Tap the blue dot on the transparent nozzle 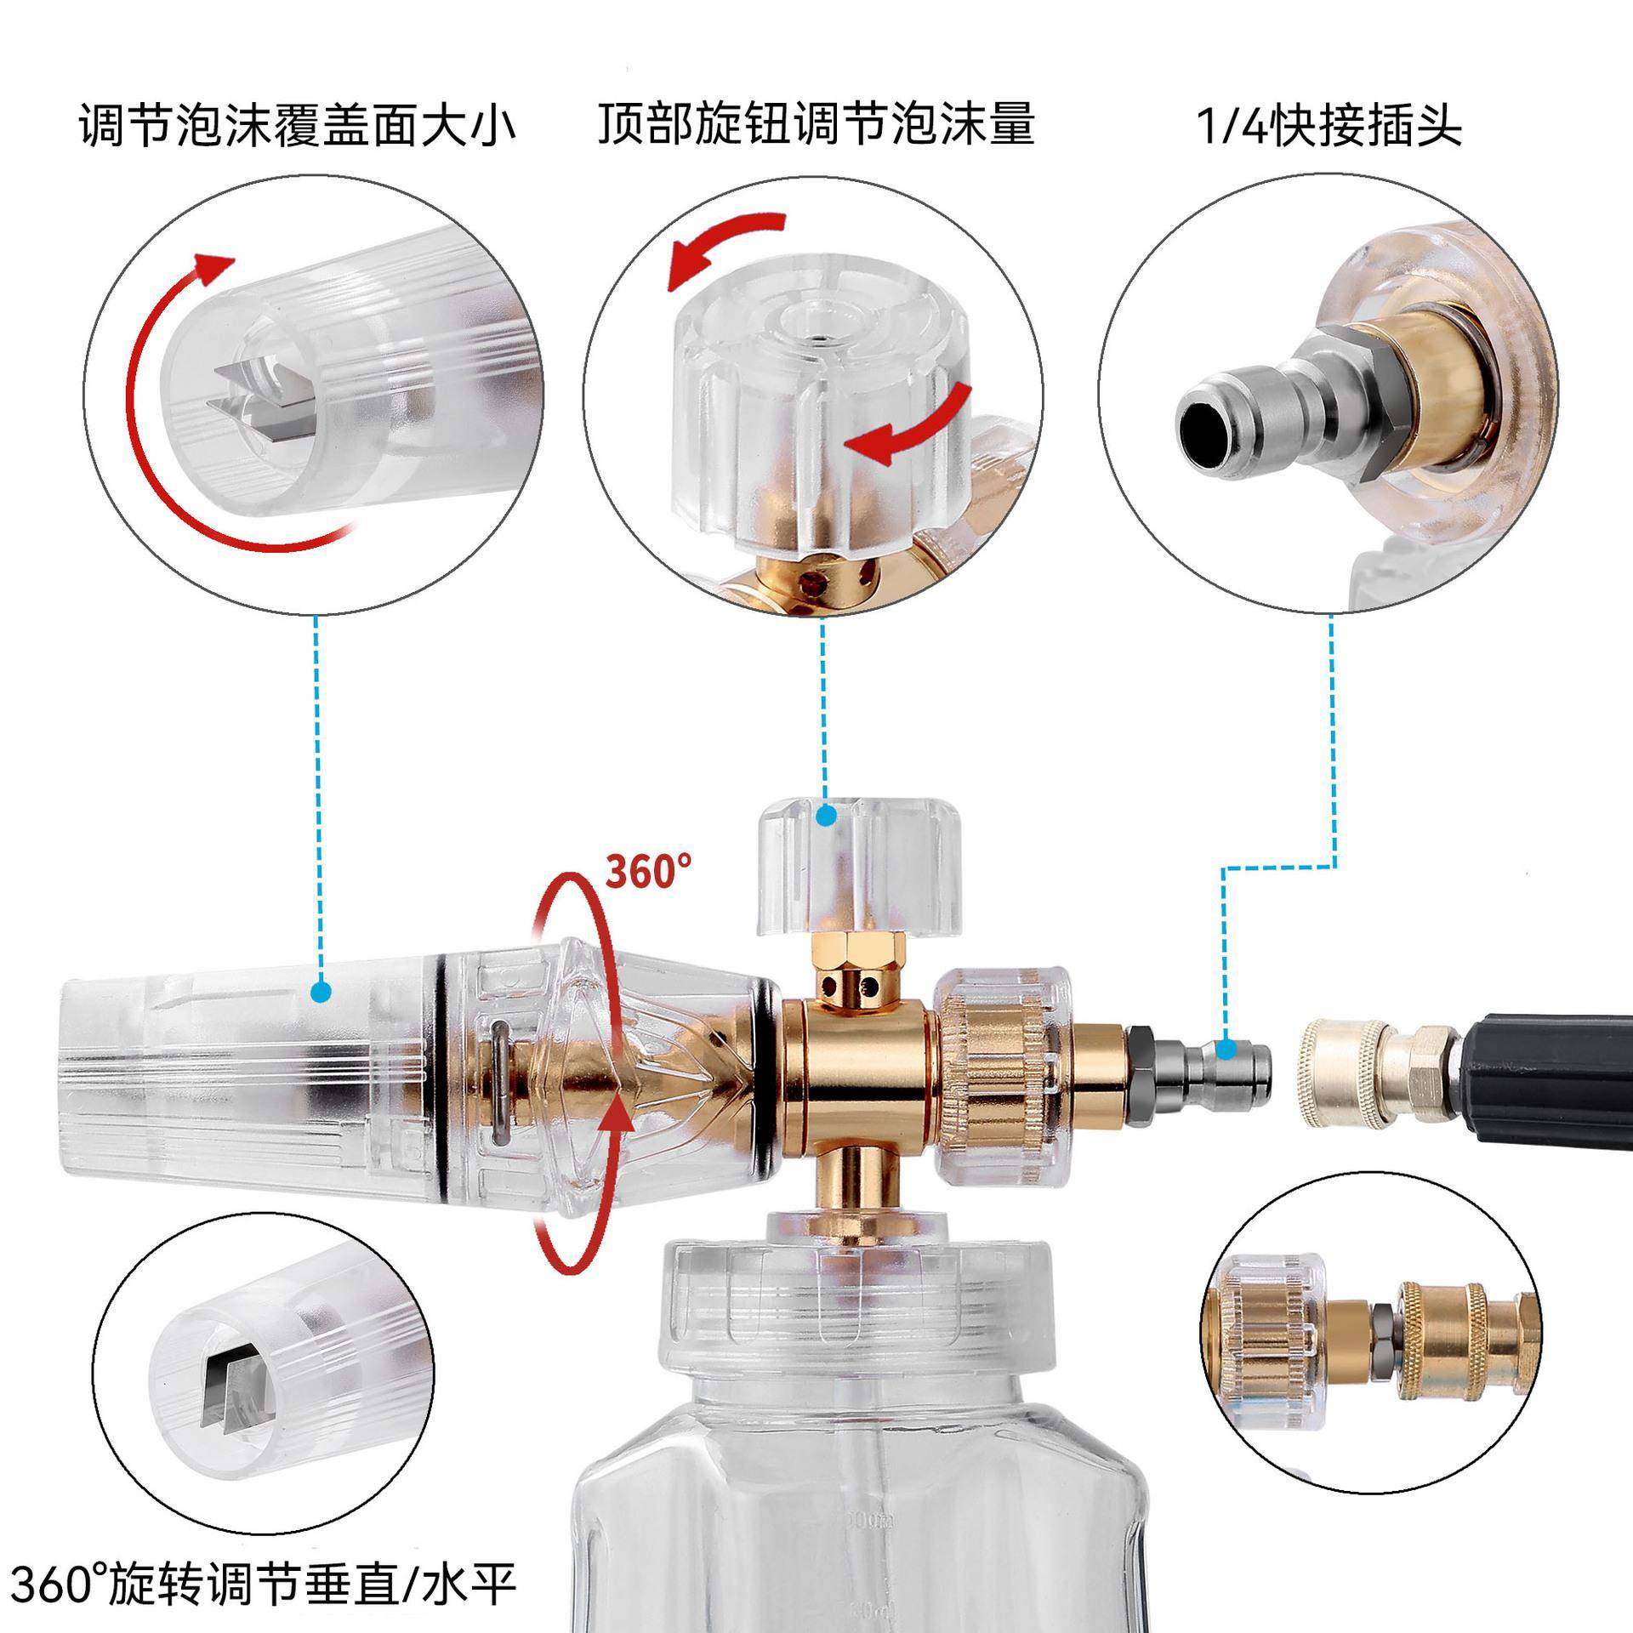tap(321, 992)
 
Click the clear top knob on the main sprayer tap(859, 863)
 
